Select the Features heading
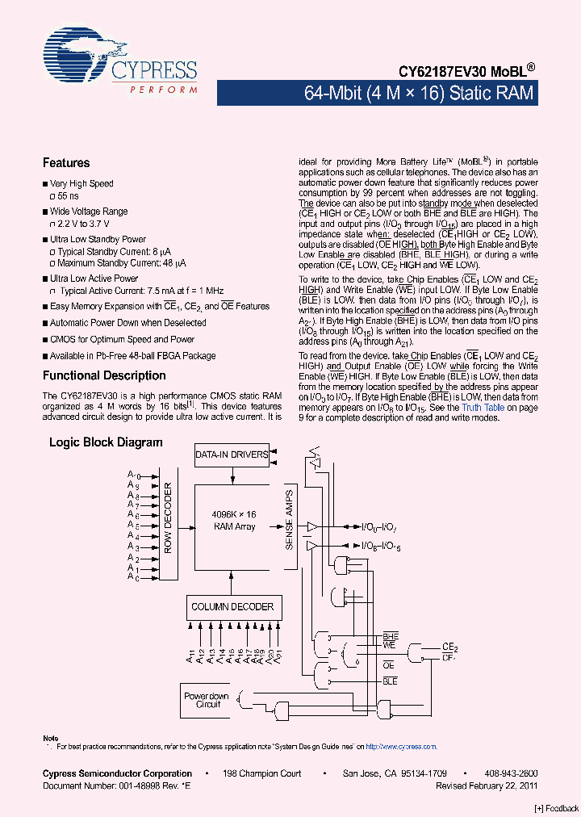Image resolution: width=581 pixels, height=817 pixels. pos(66,163)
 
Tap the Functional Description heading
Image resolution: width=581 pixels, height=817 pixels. pos(104,375)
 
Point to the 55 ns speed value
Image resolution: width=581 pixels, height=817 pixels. pos(69,196)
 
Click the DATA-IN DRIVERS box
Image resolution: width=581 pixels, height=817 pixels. pos(232,455)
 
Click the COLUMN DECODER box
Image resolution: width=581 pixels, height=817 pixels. pos(232,607)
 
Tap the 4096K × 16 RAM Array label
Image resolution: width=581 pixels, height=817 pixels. pos(234,521)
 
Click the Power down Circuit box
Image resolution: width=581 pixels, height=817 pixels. pos(207,700)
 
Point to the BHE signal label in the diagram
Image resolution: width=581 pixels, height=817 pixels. pos(391,636)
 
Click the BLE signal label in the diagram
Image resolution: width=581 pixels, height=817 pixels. pos(391,681)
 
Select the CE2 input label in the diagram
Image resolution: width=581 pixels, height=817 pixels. pos(449,647)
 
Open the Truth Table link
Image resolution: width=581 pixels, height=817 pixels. pos(483,408)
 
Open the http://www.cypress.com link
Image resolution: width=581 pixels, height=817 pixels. pos(401,747)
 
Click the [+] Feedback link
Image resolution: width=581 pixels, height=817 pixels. pos(556,809)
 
